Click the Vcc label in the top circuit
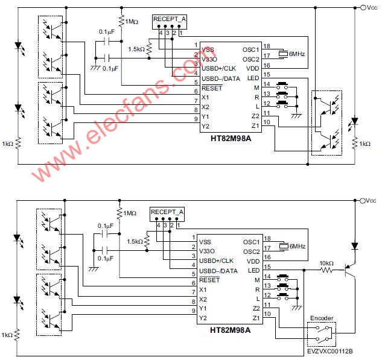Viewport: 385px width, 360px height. pyautogui.click(x=372, y=8)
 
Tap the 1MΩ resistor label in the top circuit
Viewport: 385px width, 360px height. pyautogui.click(x=132, y=22)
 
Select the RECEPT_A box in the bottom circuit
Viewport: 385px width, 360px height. pyautogui.click(x=167, y=214)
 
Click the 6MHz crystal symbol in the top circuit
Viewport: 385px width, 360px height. pyautogui.click(x=283, y=54)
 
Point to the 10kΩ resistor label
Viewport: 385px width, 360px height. pyautogui.click(x=326, y=263)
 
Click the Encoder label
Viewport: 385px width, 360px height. pyautogui.click(x=322, y=318)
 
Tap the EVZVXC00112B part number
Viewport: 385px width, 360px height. pyautogui.click(x=330, y=351)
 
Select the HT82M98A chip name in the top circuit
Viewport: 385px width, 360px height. pyautogui.click(x=231, y=139)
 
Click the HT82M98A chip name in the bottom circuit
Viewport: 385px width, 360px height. pyautogui.click(x=231, y=330)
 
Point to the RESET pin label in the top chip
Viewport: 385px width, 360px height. pyautogui.click(x=212, y=88)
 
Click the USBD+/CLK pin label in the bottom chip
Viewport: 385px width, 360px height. pyautogui.click(x=216, y=261)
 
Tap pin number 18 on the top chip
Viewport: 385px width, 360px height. pyautogui.click(x=267, y=46)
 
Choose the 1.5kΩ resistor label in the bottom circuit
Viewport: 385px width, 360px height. pyautogui.click(x=135, y=241)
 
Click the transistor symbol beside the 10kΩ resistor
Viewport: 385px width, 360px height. pyautogui.click(x=349, y=270)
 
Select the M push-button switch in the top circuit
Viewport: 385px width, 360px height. pyautogui.click(x=282, y=86)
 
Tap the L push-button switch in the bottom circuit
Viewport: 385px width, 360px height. pyautogui.click(x=282, y=297)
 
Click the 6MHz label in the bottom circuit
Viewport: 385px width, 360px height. pyautogui.click(x=297, y=246)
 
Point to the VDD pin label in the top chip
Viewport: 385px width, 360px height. pyautogui.click(x=253, y=69)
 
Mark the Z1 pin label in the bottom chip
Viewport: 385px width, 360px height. pyautogui.click(x=256, y=318)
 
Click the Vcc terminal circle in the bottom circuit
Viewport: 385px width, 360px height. pyautogui.click(x=363, y=201)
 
